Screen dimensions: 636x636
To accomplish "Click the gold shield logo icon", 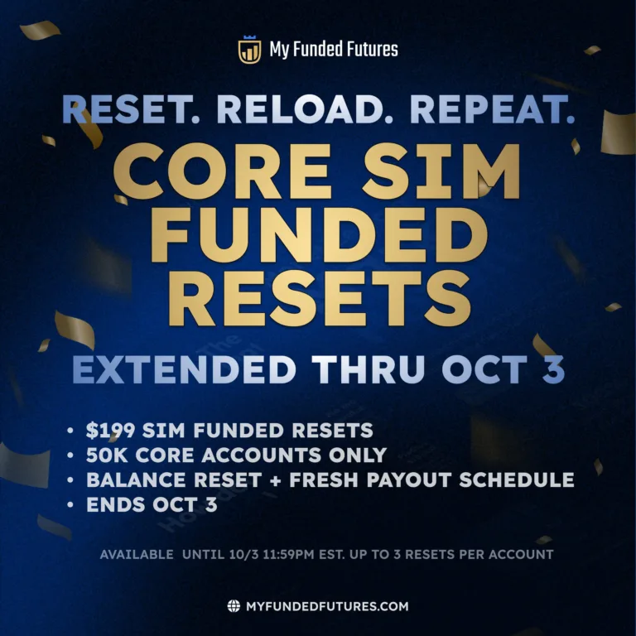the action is point(249,50).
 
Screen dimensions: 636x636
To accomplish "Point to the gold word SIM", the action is point(441,171).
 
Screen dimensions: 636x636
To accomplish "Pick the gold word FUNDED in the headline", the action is point(319,234).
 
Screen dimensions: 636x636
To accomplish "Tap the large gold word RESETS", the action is point(320,298).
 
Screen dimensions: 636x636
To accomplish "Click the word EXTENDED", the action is point(184,369).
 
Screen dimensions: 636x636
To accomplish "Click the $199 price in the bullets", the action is point(110,431).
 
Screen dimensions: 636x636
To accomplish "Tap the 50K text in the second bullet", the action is point(107,455).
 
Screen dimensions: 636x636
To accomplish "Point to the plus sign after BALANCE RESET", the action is point(275,480).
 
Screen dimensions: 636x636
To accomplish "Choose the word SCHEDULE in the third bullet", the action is point(517,479).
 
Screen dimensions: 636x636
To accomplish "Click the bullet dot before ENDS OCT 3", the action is point(70,504).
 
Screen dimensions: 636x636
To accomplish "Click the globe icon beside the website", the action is point(234,606).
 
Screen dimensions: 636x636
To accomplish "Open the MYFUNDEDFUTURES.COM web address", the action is point(327,606).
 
